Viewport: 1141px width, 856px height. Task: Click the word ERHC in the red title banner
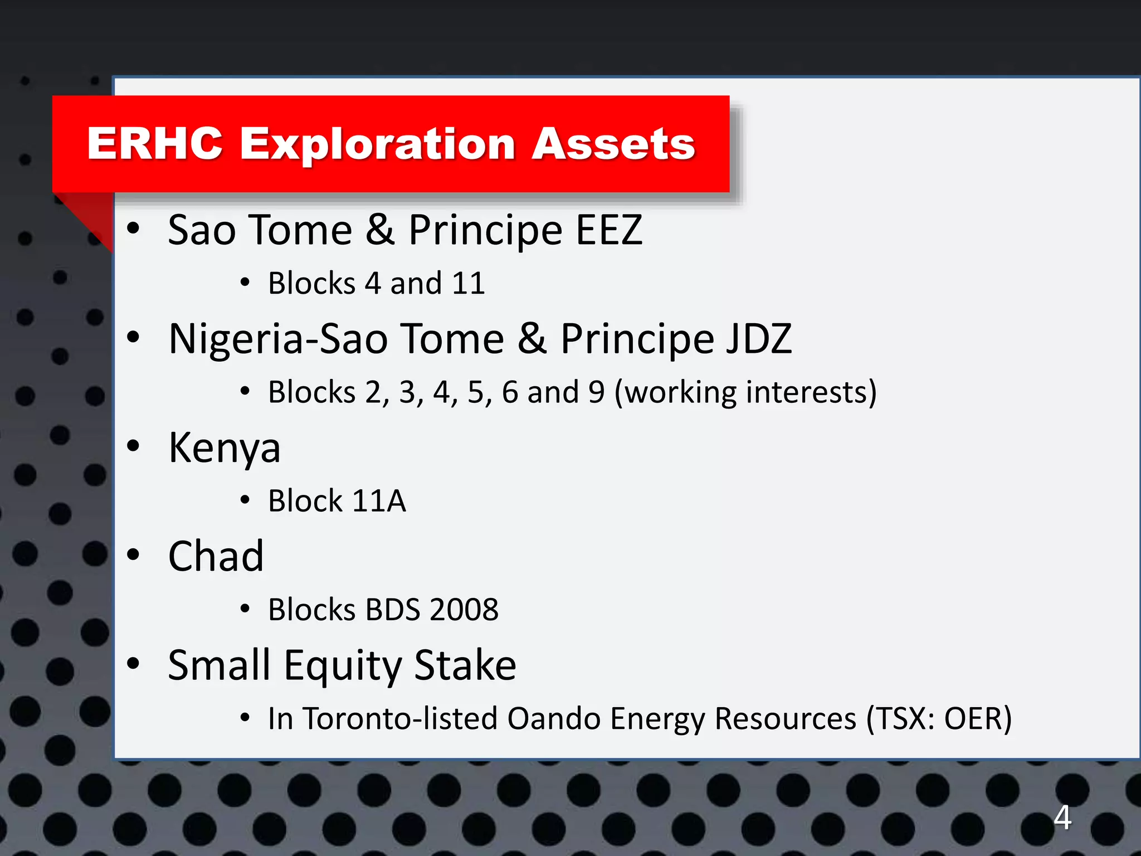click(x=155, y=144)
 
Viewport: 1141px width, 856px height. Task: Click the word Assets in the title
click(x=613, y=144)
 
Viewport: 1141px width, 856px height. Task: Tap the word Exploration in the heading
click(x=377, y=145)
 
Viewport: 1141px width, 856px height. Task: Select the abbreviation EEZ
click(x=609, y=230)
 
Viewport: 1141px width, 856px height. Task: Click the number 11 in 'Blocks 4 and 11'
click(x=468, y=283)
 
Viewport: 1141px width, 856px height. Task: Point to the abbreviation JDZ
click(x=758, y=339)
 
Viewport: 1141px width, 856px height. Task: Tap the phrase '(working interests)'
click(x=745, y=392)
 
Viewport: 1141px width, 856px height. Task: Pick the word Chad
click(x=216, y=556)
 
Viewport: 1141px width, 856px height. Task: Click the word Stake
click(x=465, y=665)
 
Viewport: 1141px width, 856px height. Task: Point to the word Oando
click(x=553, y=718)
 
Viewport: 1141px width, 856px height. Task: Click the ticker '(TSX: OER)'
click(x=939, y=718)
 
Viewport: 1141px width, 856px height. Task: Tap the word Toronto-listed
click(x=400, y=718)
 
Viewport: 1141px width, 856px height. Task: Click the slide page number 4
click(x=1062, y=818)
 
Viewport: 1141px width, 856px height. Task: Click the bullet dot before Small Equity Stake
click(x=133, y=663)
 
